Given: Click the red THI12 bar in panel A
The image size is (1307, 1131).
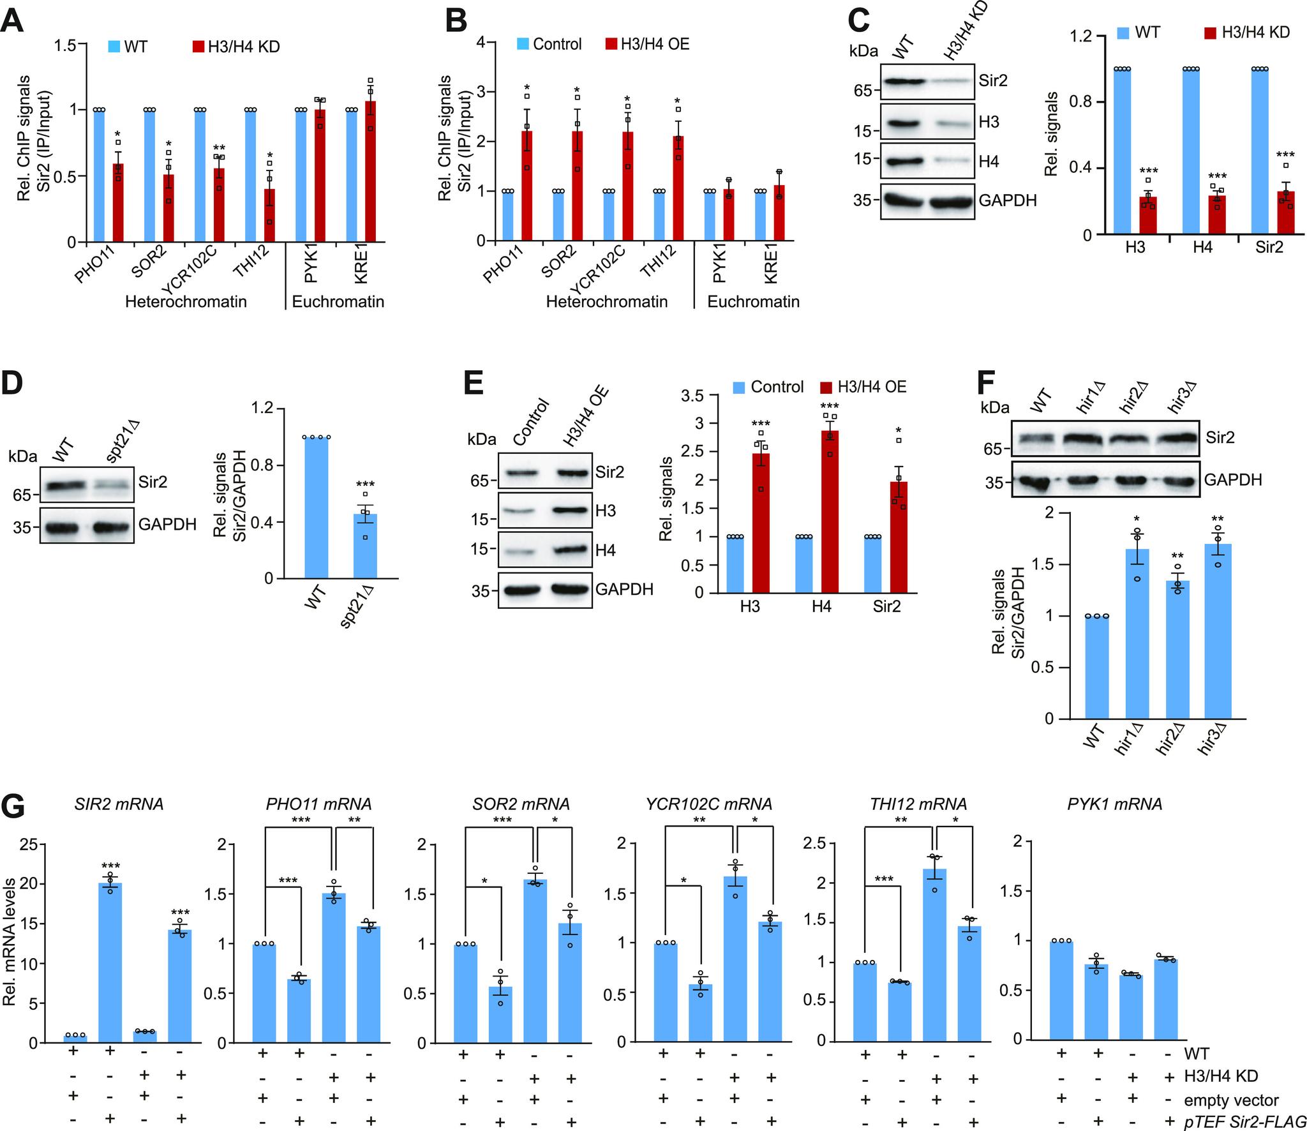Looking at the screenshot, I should (269, 216).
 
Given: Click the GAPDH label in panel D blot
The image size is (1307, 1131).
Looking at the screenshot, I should (168, 525).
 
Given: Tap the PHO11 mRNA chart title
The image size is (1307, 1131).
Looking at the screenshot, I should (318, 804).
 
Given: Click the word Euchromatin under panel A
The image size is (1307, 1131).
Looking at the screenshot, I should (338, 301).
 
